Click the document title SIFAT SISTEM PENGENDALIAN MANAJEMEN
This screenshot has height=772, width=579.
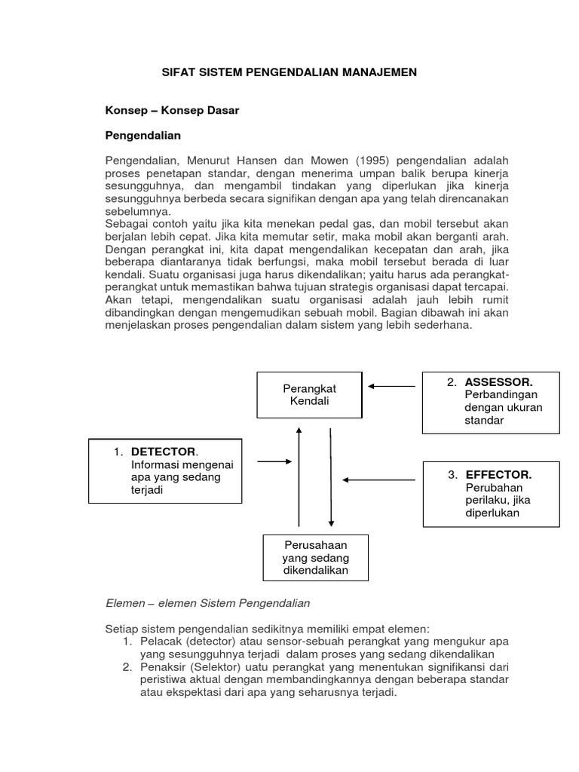(290, 72)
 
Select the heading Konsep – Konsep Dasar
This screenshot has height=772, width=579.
(171, 110)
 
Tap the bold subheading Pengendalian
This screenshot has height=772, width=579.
(142, 136)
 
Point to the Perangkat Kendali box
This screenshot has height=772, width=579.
(309, 394)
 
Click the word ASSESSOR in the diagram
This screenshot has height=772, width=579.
(500, 382)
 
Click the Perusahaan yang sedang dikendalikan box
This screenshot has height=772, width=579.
(315, 557)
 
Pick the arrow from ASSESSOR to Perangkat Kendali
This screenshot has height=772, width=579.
(391, 386)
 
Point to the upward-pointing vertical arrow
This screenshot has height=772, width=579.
(299, 475)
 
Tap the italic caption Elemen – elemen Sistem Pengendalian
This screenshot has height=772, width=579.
(207, 604)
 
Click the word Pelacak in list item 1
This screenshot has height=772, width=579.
(158, 641)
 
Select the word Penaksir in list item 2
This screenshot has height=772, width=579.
(161, 667)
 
